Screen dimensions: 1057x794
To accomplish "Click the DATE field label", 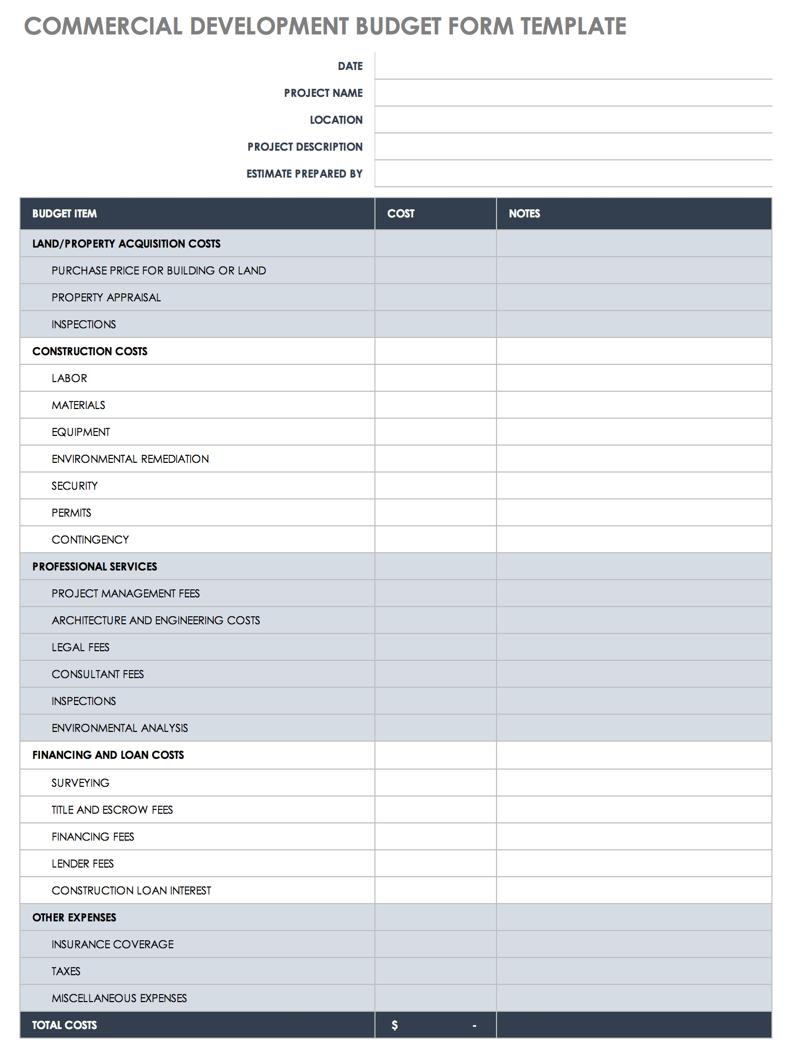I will click(350, 66).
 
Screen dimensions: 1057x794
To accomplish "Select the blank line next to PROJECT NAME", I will click(573, 93).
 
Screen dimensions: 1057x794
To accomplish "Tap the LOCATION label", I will click(336, 120).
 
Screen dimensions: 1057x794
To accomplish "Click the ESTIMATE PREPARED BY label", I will click(304, 174).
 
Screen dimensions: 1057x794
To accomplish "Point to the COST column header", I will click(401, 214).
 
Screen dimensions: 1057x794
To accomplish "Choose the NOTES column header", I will click(524, 214).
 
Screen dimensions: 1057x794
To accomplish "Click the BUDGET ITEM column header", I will click(65, 214).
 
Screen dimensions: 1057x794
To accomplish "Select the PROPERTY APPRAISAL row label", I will click(106, 298).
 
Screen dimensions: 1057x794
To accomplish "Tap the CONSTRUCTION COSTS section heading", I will click(90, 351).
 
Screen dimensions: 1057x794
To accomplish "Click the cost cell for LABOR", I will click(435, 378).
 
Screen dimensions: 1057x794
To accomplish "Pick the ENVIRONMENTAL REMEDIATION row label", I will click(130, 459).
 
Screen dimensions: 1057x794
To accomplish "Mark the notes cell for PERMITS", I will click(634, 513).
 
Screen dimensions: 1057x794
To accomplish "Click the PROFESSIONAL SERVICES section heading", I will click(95, 567).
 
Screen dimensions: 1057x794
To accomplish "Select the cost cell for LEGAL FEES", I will click(435, 647).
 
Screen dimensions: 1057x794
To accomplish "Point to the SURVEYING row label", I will click(80, 783).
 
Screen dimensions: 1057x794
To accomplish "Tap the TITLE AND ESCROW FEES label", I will click(112, 810).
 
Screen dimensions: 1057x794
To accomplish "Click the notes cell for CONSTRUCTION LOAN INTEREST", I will click(634, 891).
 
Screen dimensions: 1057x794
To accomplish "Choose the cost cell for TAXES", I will click(435, 971).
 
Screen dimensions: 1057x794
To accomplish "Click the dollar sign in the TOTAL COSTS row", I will click(395, 1025).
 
